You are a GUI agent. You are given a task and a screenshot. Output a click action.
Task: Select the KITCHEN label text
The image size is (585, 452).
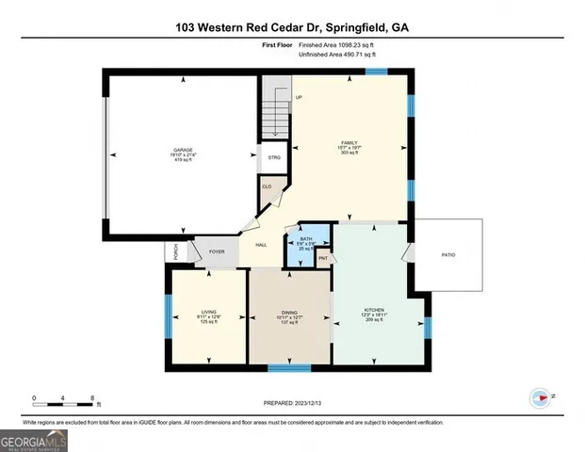(x=374, y=310)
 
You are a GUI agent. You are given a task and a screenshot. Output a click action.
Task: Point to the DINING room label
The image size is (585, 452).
(x=289, y=313)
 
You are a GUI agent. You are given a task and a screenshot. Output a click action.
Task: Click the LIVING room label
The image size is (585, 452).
(x=209, y=313)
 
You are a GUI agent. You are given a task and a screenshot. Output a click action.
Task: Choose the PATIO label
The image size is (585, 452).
(x=448, y=254)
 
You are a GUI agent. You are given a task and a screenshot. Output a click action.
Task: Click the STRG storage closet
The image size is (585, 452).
(x=274, y=157)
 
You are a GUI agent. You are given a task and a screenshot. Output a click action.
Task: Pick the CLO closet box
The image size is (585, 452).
(x=267, y=186)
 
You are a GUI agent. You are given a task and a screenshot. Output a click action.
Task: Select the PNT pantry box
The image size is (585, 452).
(x=322, y=257)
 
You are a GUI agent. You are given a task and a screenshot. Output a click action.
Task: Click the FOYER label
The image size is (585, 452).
(x=217, y=251)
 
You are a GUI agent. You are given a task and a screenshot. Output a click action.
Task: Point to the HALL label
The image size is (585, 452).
(x=261, y=245)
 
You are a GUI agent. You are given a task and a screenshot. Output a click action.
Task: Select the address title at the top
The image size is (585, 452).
(x=292, y=27)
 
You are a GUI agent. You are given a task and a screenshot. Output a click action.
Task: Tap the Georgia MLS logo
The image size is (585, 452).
(x=34, y=440)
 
